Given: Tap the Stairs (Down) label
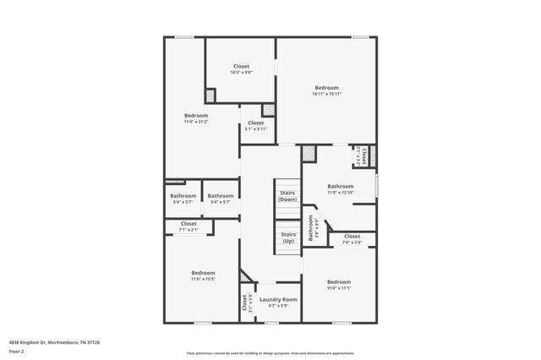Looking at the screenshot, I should (287, 195).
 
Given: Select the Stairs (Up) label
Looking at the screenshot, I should (287, 237).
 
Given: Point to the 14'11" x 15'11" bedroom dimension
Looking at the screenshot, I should (326, 93).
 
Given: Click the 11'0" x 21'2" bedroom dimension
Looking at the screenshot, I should (196, 122).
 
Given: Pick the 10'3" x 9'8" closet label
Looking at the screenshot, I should (241, 68).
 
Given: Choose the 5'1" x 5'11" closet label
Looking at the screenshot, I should (255, 126).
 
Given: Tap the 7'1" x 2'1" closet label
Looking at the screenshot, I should (188, 226).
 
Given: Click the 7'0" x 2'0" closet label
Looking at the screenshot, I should (352, 239).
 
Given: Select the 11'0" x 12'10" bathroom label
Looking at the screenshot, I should (341, 189).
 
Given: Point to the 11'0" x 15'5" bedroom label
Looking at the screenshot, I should (203, 275).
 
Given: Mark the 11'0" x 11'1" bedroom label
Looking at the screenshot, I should (339, 285).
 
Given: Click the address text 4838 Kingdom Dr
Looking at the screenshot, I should (54, 342).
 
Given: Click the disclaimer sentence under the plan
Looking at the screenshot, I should (270, 352).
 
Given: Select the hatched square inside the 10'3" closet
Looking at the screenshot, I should (210, 95).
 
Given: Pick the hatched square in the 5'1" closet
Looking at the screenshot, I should (268, 110).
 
